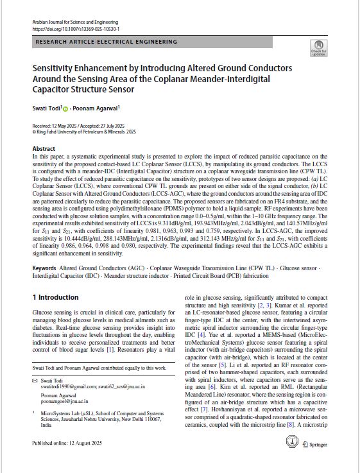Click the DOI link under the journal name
click(x=75, y=29)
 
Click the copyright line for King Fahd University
click(x=83, y=132)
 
